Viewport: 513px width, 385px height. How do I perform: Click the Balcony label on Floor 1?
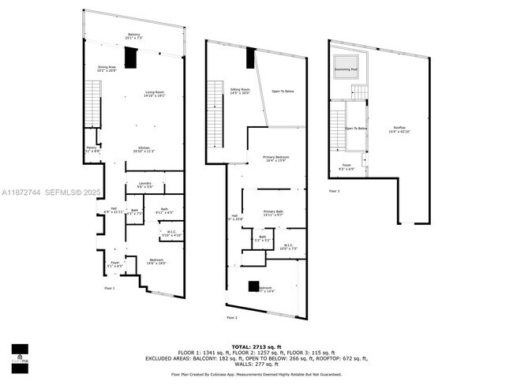[134, 36]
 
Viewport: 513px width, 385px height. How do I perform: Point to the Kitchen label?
[144, 149]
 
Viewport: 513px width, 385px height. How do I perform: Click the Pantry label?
[92, 149]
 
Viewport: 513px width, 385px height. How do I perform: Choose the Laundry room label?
[144, 185]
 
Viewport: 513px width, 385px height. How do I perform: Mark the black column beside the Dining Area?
[133, 58]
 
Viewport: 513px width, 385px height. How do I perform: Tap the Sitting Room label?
[240, 92]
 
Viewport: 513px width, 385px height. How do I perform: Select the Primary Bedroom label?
[275, 159]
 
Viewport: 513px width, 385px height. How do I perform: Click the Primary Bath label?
[274, 213]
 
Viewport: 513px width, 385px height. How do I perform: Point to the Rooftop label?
[400, 129]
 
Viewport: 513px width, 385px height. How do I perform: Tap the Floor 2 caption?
[232, 317]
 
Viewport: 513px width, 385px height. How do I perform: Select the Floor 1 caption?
[110, 289]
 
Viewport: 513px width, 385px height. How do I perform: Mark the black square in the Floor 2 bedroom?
[254, 286]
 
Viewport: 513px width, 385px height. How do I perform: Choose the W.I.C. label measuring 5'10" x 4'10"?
[171, 234]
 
